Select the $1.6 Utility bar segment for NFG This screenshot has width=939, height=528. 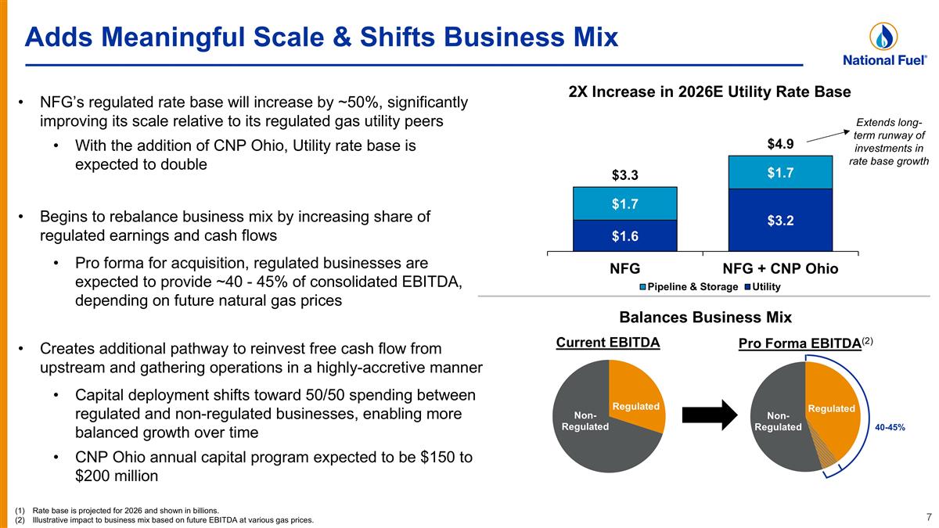[624, 235]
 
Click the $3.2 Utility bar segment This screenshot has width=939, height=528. [780, 220]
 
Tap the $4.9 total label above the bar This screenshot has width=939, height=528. [780, 144]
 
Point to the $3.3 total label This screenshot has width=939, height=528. [624, 174]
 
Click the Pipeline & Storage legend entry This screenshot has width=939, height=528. [689, 287]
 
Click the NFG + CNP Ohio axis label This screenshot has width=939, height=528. [780, 268]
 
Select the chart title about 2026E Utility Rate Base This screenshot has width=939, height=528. [709, 92]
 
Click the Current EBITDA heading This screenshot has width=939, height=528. [608, 343]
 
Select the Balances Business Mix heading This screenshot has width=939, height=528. [706, 318]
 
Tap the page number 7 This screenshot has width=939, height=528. [928, 516]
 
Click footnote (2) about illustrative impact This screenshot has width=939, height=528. [164, 520]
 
